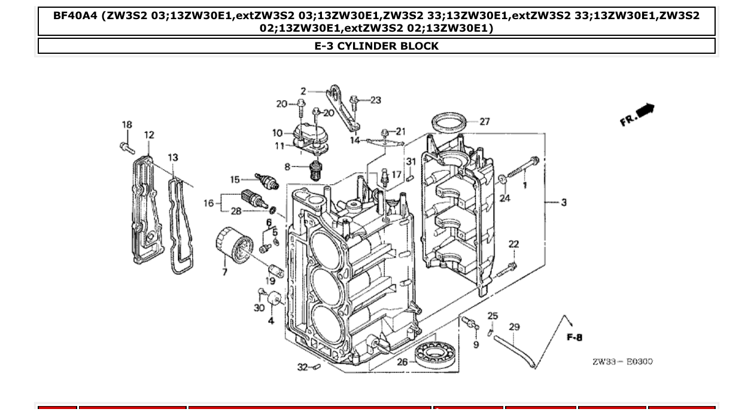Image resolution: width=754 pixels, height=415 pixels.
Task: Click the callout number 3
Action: point(564,203)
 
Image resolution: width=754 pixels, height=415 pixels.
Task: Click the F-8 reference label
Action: point(574,338)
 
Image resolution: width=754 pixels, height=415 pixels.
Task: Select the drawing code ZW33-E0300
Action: point(622,362)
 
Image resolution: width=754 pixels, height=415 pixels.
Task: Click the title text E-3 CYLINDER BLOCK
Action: point(376,46)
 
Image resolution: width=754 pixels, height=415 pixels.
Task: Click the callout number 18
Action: point(127,125)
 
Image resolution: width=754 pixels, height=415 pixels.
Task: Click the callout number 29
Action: point(514,327)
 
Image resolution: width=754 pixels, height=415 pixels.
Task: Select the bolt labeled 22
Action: point(506,269)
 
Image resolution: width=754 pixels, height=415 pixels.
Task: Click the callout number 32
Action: point(302,367)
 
